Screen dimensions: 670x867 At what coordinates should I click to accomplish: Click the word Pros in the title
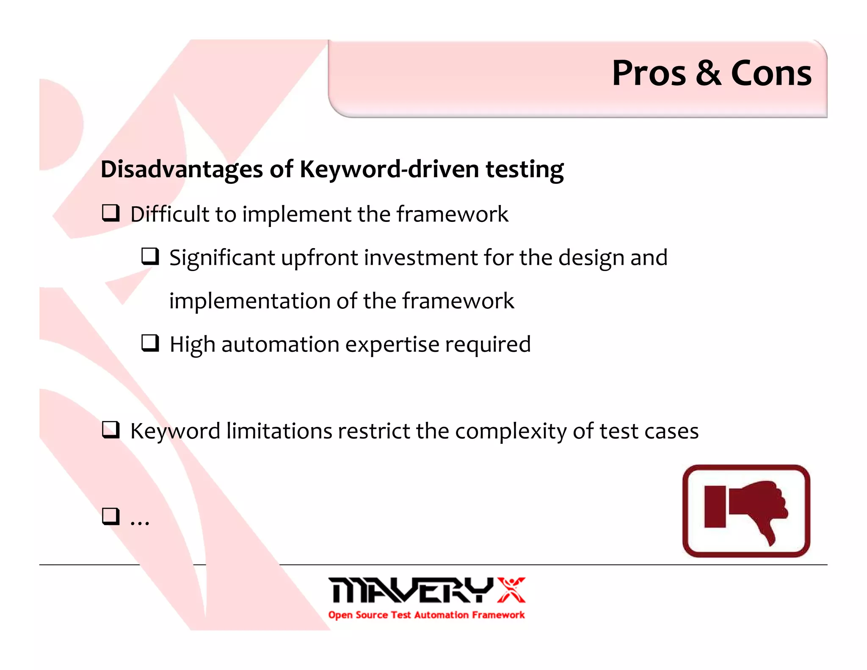(x=649, y=74)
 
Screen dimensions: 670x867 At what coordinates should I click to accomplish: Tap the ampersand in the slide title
(x=708, y=74)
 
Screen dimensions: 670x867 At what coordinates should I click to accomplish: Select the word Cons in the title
(x=771, y=74)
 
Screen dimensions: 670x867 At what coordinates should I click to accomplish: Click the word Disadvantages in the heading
(x=182, y=169)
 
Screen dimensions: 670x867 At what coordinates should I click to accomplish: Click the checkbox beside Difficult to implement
(x=111, y=213)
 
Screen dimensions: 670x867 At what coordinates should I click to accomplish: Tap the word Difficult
(x=170, y=214)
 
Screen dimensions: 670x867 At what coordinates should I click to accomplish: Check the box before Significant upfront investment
(x=150, y=257)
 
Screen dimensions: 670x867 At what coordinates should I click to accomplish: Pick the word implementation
(x=250, y=301)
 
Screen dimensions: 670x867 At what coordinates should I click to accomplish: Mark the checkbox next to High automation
(x=150, y=343)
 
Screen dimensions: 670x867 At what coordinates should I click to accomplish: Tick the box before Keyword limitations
(x=111, y=430)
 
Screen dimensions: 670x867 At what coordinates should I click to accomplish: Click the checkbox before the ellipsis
(x=111, y=516)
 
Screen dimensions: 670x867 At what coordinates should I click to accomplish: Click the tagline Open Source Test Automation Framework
(x=426, y=615)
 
